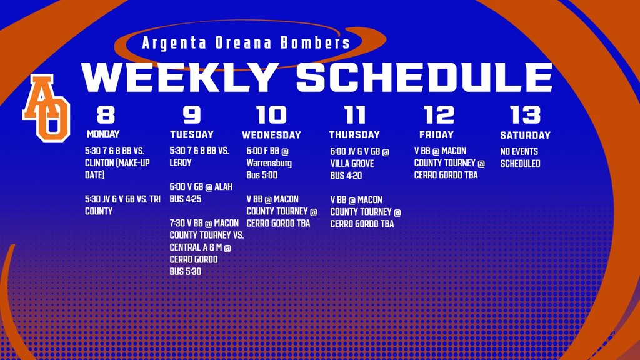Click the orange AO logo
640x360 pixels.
[x=46, y=107]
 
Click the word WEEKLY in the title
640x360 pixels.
[x=181, y=77]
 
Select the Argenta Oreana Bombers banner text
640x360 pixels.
[x=246, y=43]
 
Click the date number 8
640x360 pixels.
[x=106, y=115]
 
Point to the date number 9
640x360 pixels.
[x=192, y=115]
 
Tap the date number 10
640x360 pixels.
[x=272, y=115]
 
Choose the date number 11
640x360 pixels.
[x=354, y=115]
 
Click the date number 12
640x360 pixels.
[x=439, y=115]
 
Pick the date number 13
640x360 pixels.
[x=525, y=115]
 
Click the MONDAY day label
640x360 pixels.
[x=103, y=134]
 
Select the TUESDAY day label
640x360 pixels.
[x=192, y=134]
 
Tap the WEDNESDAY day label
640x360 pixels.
[x=271, y=135]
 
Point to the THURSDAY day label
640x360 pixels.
[x=354, y=134]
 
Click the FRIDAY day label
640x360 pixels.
[x=436, y=134]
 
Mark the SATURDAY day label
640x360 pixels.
[x=525, y=135]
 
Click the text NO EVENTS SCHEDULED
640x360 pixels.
[x=519, y=157]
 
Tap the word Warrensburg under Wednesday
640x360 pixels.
[x=269, y=163]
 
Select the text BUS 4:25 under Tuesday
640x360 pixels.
[x=186, y=199]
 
